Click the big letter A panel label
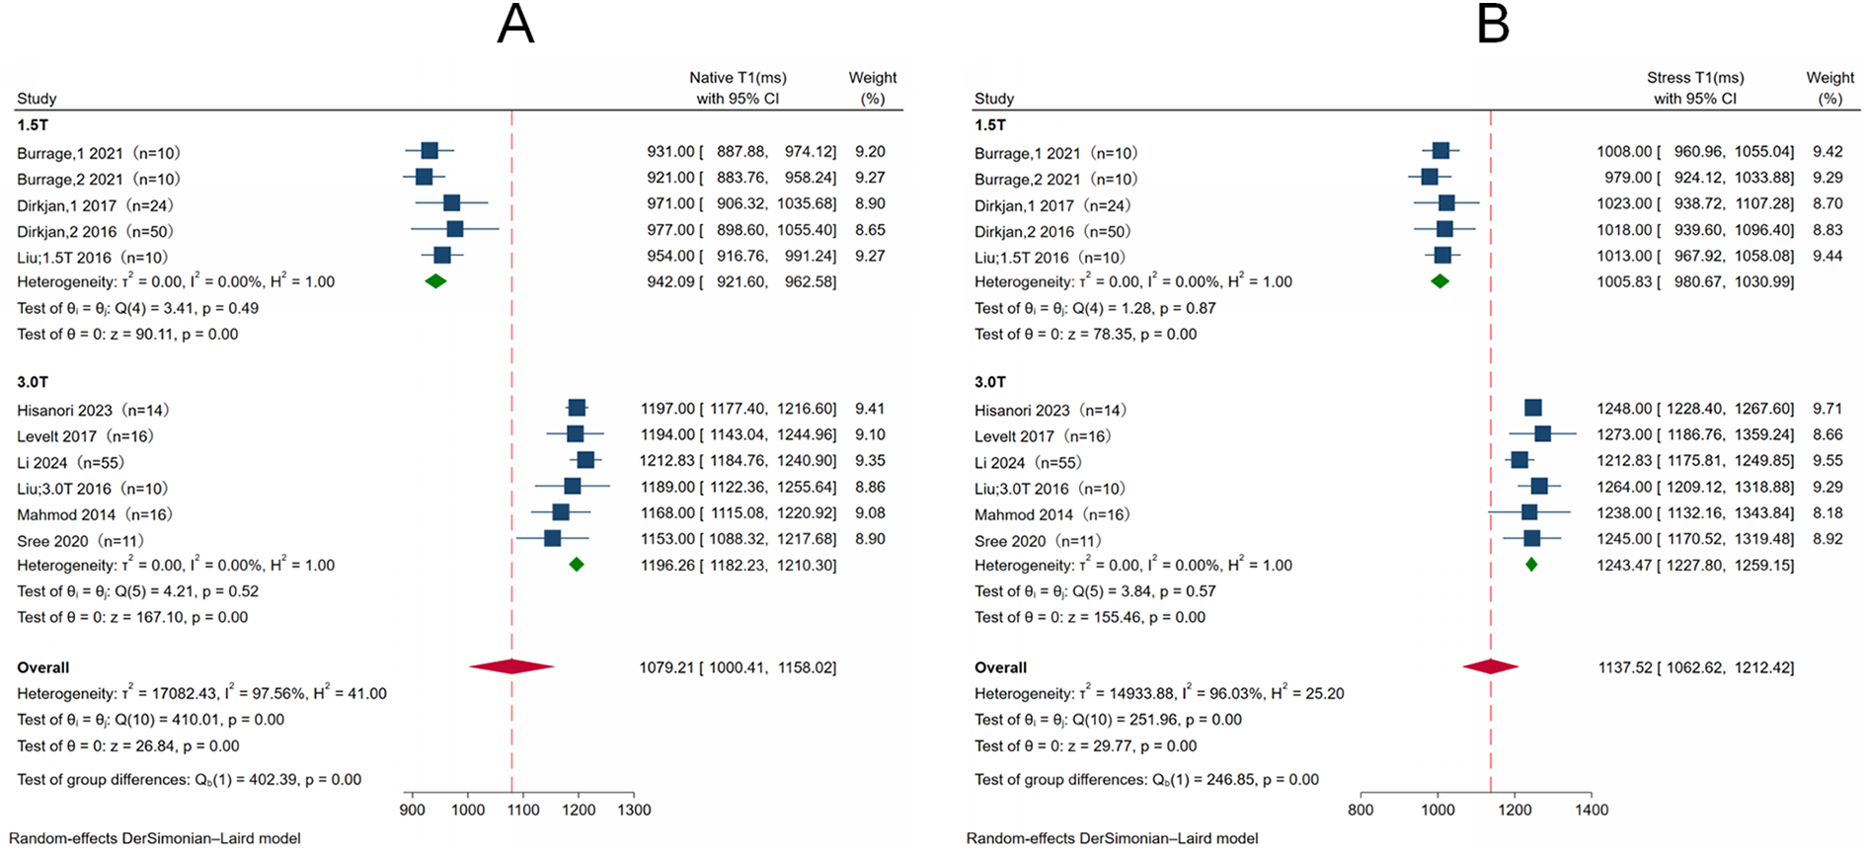click(x=515, y=24)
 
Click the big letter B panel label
click(x=1493, y=24)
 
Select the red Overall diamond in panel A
click(x=511, y=667)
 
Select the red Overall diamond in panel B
click(x=1490, y=667)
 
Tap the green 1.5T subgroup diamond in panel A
click(x=435, y=281)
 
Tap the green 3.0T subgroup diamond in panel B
click(x=1531, y=565)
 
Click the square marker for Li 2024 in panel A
click(x=585, y=460)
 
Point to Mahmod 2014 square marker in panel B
click(x=1529, y=512)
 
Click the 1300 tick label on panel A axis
click(x=634, y=810)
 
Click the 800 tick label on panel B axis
click(x=1361, y=810)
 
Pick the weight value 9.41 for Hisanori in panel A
click(x=870, y=409)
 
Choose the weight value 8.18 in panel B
click(x=1828, y=513)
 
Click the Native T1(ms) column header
click(x=738, y=78)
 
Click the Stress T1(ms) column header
click(x=1695, y=78)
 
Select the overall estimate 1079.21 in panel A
click(x=666, y=668)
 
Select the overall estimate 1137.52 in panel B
click(x=1625, y=668)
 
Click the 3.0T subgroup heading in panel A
click(x=33, y=382)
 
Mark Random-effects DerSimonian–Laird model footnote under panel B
click(x=1112, y=838)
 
